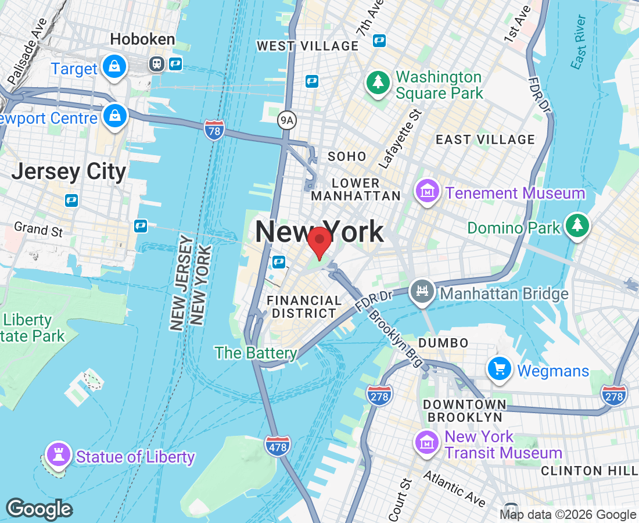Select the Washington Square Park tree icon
378,83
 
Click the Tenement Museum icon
428,192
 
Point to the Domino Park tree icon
577,226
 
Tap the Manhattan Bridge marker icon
422,292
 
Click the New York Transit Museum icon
426,443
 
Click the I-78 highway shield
214,131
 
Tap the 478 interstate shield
278,446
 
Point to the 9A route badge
286,120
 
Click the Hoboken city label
142,40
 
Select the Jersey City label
69,171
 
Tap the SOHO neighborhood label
347,156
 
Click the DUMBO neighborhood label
443,342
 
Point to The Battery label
256,353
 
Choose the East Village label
477,139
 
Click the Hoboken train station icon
157,63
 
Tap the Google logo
39,510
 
